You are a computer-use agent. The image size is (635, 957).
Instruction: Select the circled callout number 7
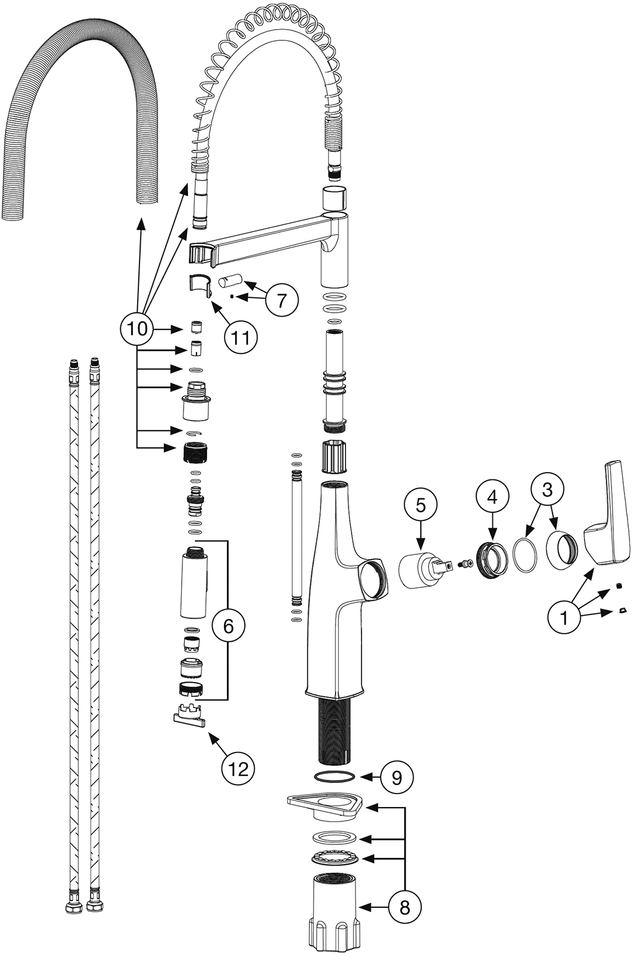click(x=282, y=300)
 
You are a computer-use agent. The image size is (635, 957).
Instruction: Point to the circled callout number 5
click(x=420, y=505)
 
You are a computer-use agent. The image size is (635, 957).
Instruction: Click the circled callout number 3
click(x=547, y=489)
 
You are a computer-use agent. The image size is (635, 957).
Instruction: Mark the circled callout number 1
click(x=564, y=616)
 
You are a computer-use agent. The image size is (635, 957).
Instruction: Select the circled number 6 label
click(x=228, y=626)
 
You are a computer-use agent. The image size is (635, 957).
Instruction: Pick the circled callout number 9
click(x=396, y=777)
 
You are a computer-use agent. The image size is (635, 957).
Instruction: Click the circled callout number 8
click(x=405, y=907)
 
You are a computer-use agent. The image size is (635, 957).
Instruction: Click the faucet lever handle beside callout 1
click(x=609, y=527)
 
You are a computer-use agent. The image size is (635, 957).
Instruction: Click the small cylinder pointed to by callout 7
click(x=225, y=281)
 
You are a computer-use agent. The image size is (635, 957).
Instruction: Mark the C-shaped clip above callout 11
click(x=200, y=283)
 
